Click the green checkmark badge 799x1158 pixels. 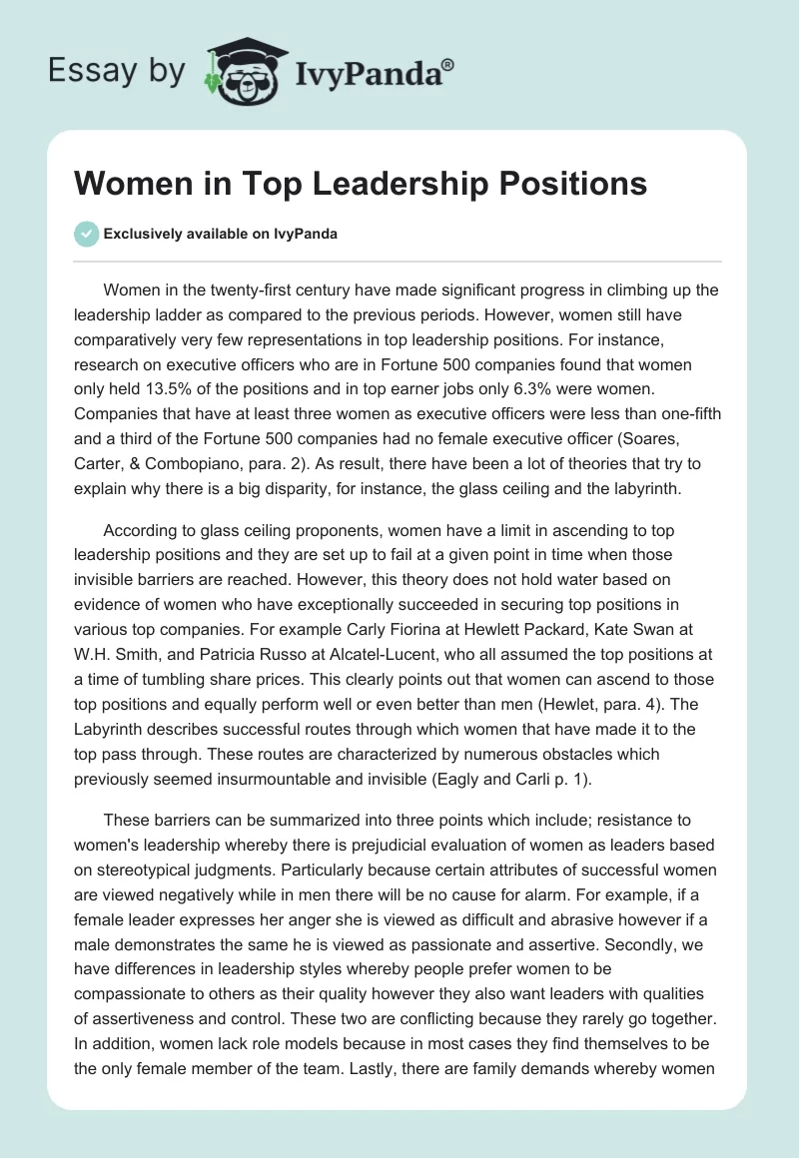[86, 234]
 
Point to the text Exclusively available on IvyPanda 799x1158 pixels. [221, 235]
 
